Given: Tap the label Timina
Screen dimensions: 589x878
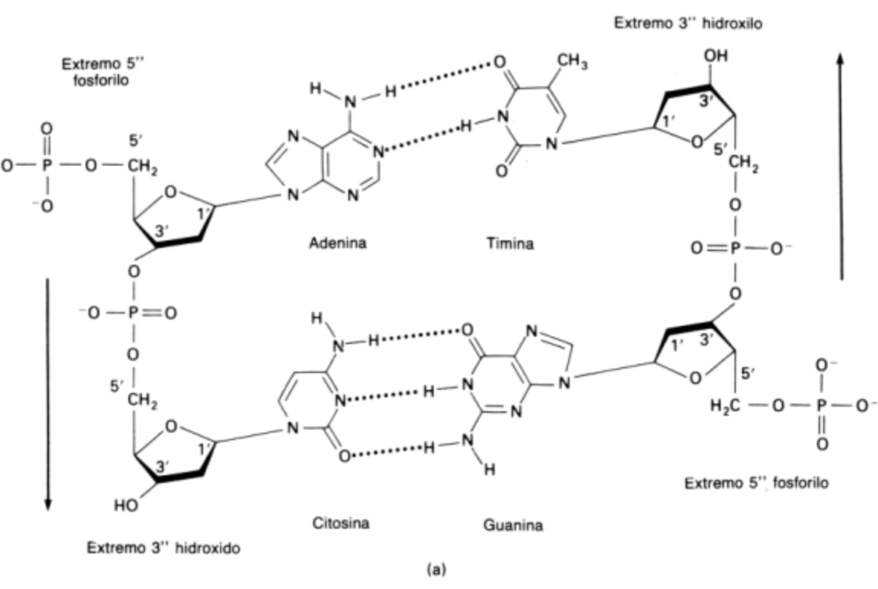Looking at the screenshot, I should coord(509,244).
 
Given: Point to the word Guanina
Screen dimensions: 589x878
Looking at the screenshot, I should coord(512,525).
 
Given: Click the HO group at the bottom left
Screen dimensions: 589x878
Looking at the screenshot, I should coord(125,504).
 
